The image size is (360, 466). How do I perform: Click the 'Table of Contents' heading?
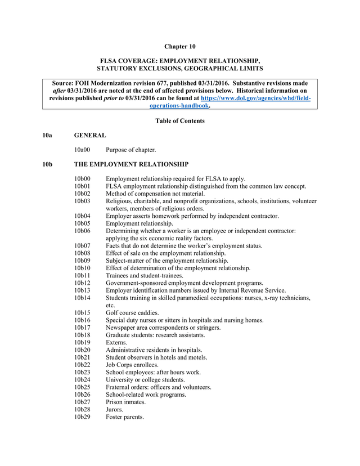[x=179, y=120]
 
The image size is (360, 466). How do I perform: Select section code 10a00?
[x=83, y=150]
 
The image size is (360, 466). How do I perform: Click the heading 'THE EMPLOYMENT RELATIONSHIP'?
[x=131, y=164]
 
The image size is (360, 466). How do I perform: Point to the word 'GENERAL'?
[x=90, y=135]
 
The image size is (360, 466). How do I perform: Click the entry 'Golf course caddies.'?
[x=132, y=312]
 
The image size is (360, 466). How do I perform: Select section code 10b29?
[x=83, y=417]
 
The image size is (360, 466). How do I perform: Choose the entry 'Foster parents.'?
[x=125, y=417]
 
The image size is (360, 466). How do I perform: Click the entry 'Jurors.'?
[x=115, y=410]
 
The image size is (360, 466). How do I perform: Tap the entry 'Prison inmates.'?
[x=126, y=402]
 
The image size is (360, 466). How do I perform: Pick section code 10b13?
[x=83, y=290]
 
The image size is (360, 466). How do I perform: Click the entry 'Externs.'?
[x=116, y=342]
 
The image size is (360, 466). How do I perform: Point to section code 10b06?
[x=83, y=231]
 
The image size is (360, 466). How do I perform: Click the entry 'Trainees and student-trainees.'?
[x=145, y=276]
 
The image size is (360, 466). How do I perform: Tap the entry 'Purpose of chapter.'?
[x=131, y=150]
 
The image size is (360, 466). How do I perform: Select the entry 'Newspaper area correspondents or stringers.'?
[x=163, y=328]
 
